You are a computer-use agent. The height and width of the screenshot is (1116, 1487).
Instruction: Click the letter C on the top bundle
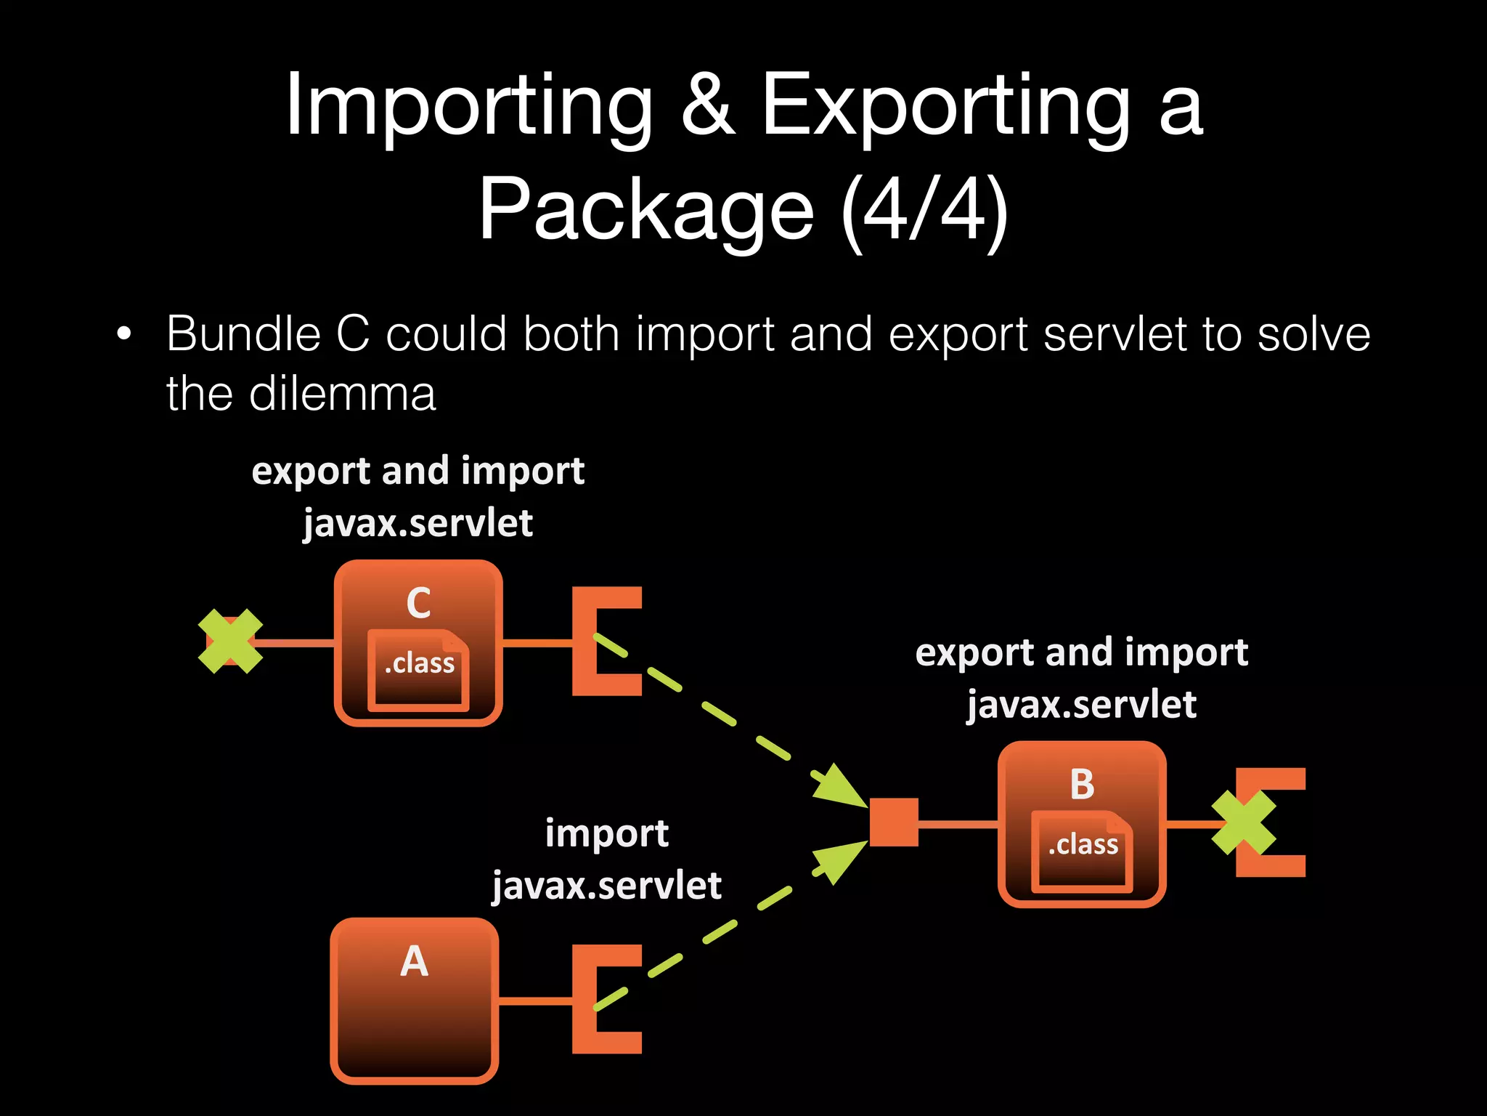point(418,603)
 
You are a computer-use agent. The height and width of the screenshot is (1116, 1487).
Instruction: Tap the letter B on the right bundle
point(1082,785)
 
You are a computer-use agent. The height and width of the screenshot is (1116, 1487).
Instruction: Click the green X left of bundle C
point(230,641)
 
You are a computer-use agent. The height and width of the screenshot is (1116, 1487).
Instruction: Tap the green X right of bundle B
point(1244,822)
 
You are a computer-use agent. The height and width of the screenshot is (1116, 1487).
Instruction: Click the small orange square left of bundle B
point(894,822)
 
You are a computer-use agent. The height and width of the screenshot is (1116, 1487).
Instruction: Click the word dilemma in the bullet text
point(342,395)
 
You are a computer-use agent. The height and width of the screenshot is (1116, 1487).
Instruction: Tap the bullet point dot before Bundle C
point(124,335)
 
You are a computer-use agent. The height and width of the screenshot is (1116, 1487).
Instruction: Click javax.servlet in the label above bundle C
point(418,524)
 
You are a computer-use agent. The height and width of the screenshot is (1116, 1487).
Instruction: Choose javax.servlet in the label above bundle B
point(1081,705)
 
